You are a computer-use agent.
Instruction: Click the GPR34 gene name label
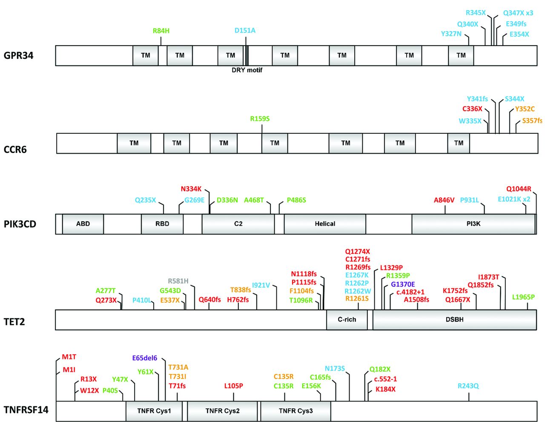18,55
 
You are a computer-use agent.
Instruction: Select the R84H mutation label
161,31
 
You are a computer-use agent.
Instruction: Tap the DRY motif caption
247,70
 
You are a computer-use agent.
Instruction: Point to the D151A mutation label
245,30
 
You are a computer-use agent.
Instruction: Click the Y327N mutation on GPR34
451,34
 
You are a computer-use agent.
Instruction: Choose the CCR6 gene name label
15,149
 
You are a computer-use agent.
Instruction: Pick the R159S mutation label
260,118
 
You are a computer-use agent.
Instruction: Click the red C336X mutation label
472,109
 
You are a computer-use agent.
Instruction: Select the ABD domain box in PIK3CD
83,224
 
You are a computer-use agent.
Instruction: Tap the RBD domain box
162,224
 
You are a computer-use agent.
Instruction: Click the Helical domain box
325,224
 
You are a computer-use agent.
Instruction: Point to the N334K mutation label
191,189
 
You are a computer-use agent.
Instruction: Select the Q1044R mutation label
519,189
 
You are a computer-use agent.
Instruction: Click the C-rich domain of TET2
347,319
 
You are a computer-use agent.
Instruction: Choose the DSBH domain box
454,319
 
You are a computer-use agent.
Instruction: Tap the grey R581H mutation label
178,281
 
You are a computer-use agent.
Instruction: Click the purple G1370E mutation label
403,284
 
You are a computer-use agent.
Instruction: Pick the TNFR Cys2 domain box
222,411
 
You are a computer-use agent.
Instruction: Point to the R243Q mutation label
468,386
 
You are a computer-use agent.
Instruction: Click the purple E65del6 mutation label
145,358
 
